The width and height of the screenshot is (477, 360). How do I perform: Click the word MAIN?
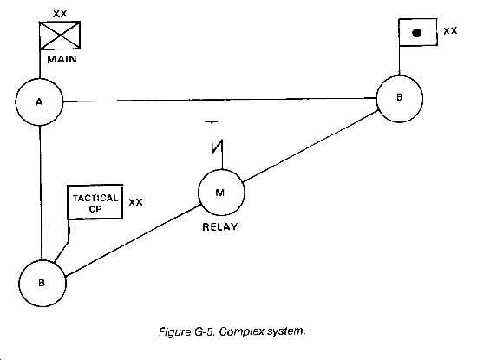pos(62,59)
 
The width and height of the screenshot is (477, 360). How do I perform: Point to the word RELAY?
pos(219,227)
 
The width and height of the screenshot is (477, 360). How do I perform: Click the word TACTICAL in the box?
pos(95,199)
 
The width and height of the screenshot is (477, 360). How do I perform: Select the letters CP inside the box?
pos(95,209)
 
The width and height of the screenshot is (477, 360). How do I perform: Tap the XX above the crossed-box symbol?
pos(60,14)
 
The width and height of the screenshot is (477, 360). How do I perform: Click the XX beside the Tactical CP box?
pos(135,202)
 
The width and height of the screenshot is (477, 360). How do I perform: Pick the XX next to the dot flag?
pos(450,30)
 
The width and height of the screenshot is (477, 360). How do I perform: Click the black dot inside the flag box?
pos(417,33)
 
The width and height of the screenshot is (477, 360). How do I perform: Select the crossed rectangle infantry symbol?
pos(60,36)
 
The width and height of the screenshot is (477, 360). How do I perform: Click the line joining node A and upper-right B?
pos(219,100)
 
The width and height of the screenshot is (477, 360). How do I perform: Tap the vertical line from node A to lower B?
pos(41,193)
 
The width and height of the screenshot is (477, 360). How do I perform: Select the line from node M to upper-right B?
pos(310,146)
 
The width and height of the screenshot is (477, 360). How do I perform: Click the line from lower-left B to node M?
pos(133,240)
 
